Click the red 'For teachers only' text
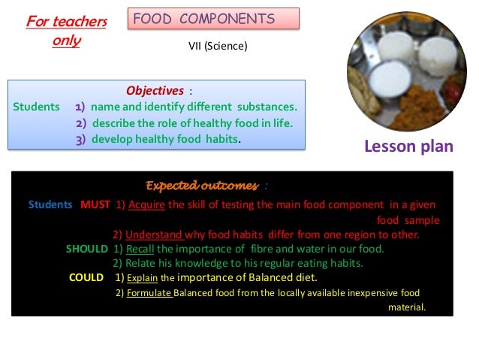tap(66, 31)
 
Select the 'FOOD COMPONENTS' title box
tap(215, 19)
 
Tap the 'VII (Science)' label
tap(217, 47)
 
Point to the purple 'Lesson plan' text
tap(408, 146)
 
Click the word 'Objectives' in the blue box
tap(155, 91)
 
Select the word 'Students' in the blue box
tap(37, 107)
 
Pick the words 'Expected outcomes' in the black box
tap(202, 186)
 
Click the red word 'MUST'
tap(95, 204)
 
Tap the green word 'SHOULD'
tap(87, 249)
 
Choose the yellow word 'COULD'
tap(86, 277)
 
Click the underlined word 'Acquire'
tap(147, 204)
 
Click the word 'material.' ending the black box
tap(406, 307)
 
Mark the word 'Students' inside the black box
tap(50, 204)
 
